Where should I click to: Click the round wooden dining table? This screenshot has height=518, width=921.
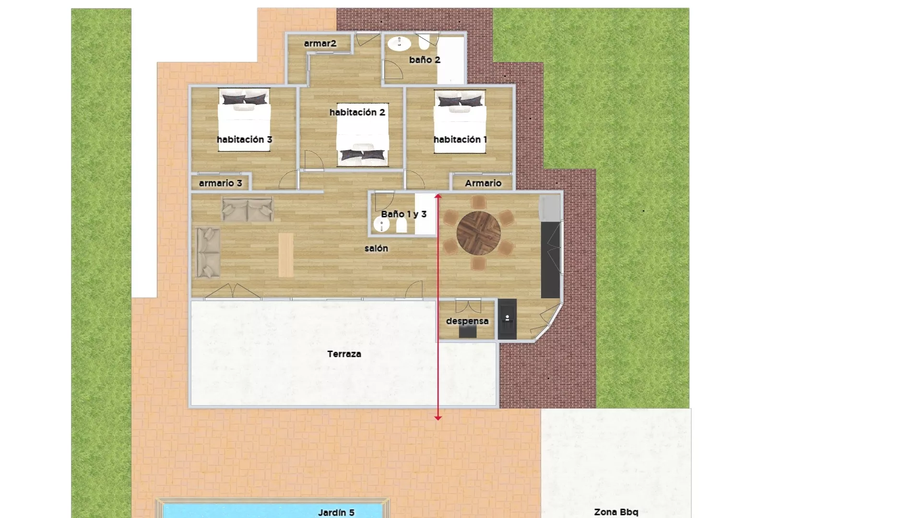click(x=478, y=233)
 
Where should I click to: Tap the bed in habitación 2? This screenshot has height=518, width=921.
click(x=363, y=134)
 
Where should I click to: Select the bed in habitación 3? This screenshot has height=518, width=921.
click(x=244, y=120)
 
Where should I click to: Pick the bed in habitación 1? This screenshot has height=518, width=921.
click(x=460, y=122)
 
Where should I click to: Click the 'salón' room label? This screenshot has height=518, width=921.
click(x=376, y=248)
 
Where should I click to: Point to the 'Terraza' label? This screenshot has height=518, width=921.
click(x=344, y=354)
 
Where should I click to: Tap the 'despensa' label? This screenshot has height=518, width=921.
click(x=467, y=321)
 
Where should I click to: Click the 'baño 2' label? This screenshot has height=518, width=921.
click(x=425, y=60)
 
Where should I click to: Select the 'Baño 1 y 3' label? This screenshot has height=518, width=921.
click(x=404, y=214)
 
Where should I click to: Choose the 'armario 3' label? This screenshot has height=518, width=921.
click(x=221, y=183)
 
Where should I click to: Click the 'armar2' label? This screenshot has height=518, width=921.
click(x=320, y=44)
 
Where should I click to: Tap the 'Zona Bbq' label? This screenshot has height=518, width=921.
click(x=616, y=512)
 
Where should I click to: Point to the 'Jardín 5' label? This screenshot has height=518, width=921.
click(x=336, y=513)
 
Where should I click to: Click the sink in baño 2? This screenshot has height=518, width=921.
click(x=399, y=44)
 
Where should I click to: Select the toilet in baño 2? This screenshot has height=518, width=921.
click(x=425, y=42)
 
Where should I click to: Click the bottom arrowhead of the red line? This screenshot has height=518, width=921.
click(x=437, y=418)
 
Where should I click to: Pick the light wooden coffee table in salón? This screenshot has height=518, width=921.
click(x=286, y=255)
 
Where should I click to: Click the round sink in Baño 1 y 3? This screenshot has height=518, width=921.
click(x=381, y=224)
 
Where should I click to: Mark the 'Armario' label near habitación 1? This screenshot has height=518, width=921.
click(x=483, y=183)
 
